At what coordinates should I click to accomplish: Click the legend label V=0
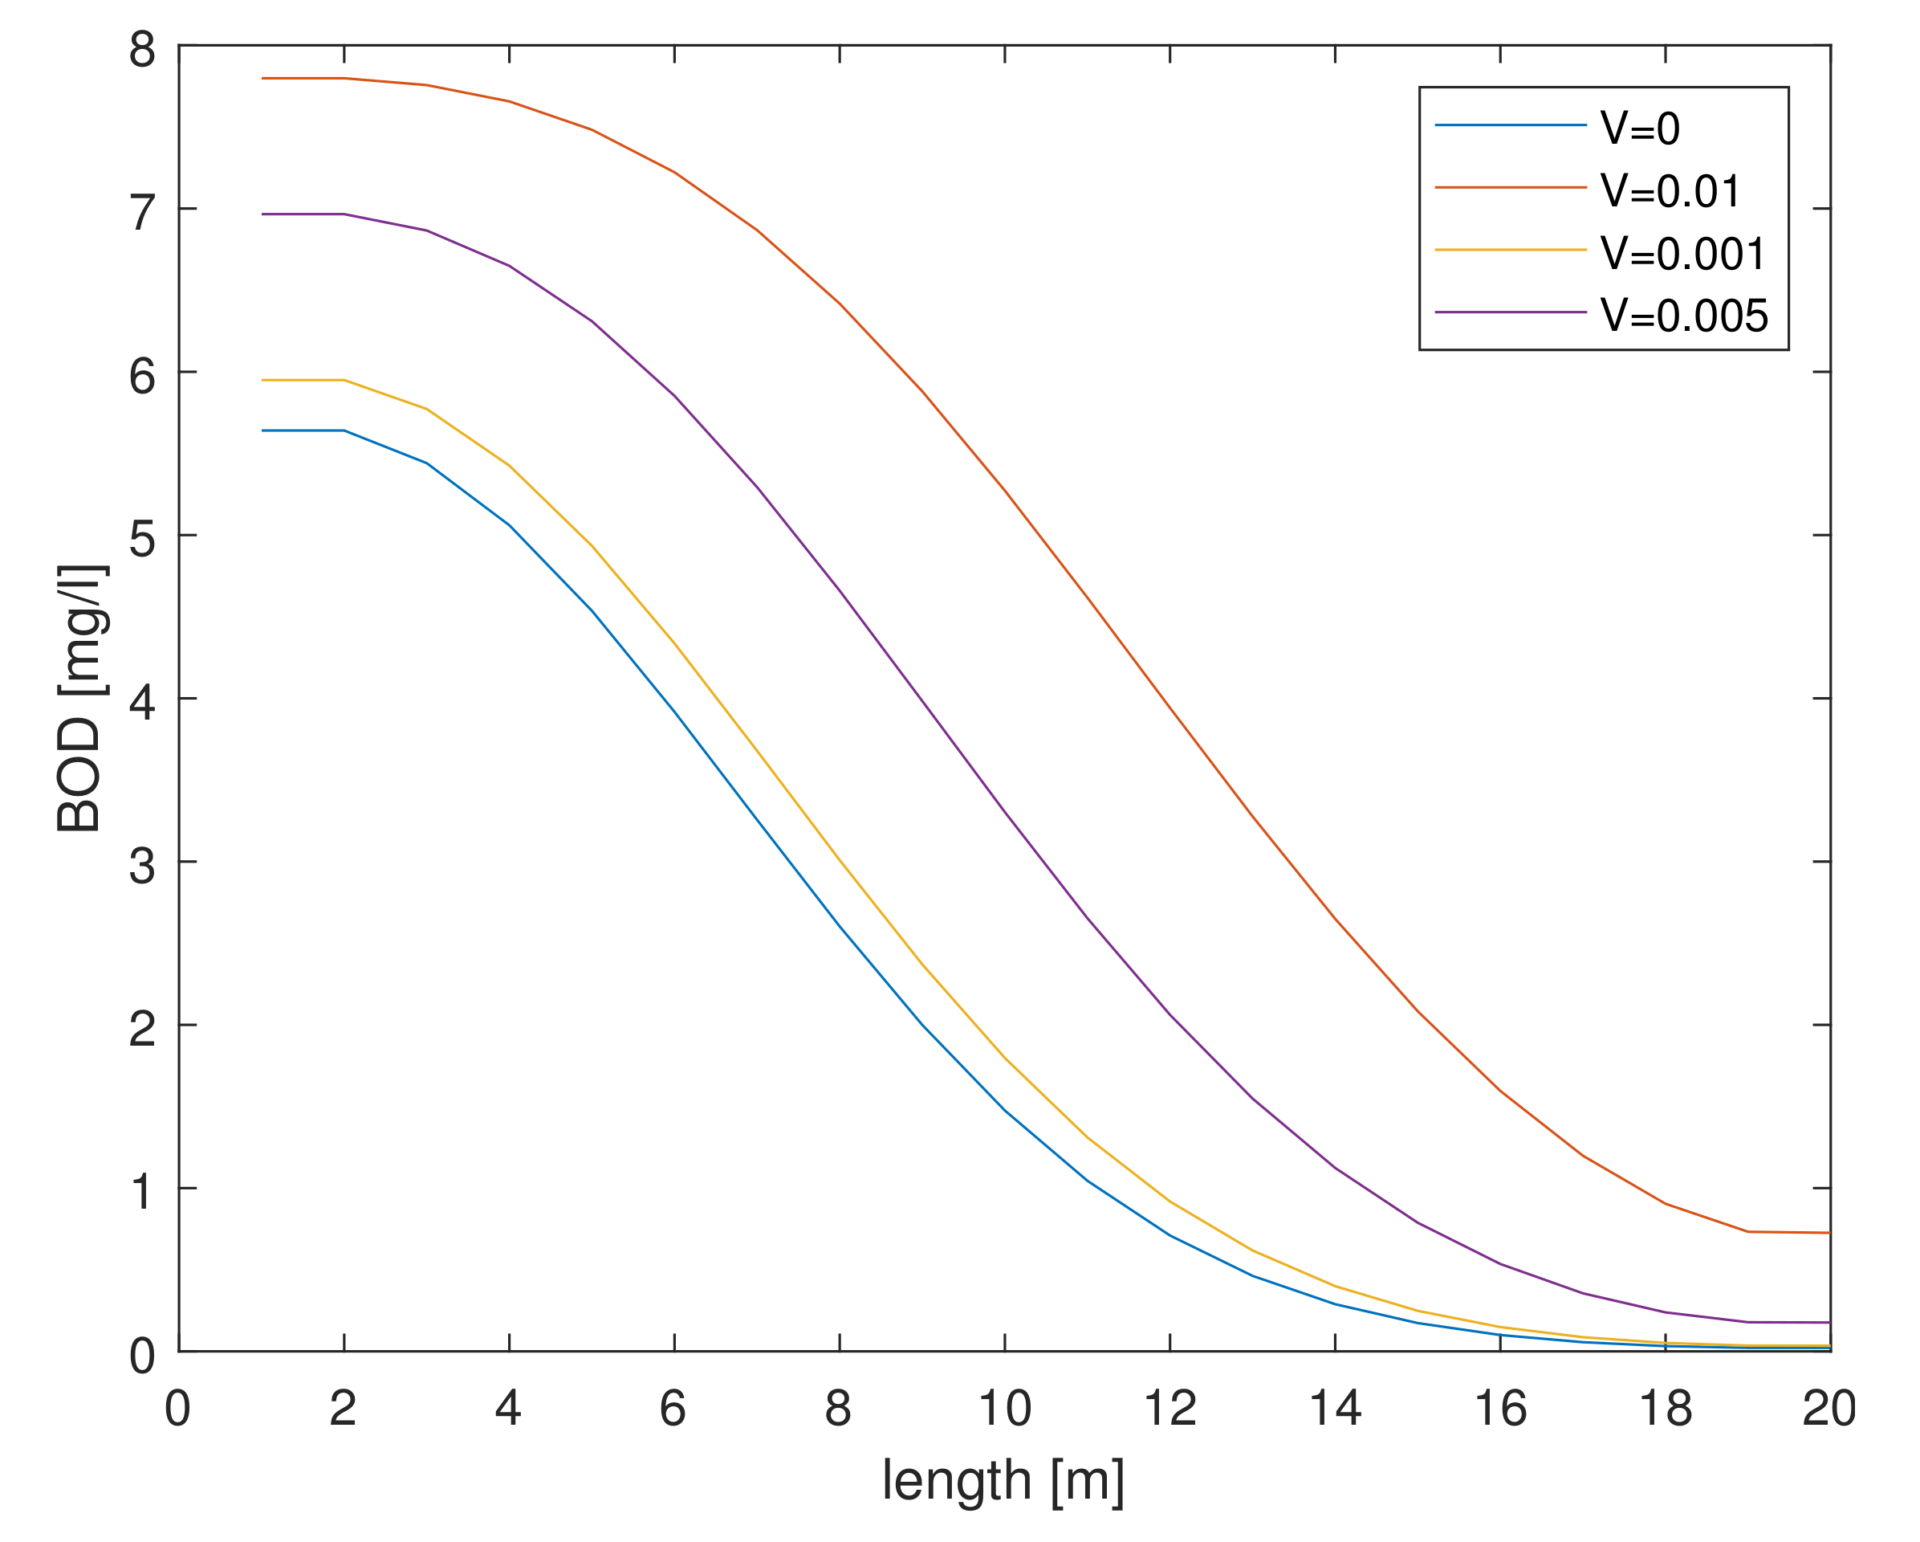(1640, 128)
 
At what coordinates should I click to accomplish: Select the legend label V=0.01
(1670, 190)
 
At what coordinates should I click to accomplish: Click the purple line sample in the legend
(1511, 312)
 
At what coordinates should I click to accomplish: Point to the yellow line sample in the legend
(1511, 250)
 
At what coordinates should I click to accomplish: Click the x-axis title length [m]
(1003, 1480)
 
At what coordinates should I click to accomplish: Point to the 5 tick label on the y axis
(143, 538)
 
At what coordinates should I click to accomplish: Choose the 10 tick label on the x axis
(1004, 1409)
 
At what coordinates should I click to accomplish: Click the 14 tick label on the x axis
(1335, 1409)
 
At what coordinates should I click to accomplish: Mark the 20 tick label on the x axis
(1828, 1409)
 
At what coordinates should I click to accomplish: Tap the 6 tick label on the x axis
(673, 1409)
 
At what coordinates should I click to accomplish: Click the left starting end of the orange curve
(262, 79)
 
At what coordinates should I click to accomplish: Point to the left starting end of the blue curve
(262, 430)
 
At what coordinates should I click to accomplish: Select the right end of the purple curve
(1828, 1322)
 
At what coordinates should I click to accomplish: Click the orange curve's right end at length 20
(1828, 1232)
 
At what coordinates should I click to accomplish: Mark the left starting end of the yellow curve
(262, 381)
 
